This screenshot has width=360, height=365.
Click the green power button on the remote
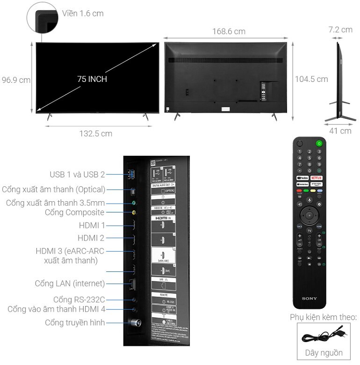[x=319, y=144]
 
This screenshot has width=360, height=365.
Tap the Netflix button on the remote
[x=317, y=178]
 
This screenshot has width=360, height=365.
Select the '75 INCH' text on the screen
[x=92, y=79]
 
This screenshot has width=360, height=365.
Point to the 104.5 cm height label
[x=311, y=79]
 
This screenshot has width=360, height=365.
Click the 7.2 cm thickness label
[x=340, y=29]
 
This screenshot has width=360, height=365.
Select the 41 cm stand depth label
[x=340, y=131]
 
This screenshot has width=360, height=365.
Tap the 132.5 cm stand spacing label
[x=95, y=133]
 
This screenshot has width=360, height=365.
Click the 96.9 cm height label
[x=16, y=80]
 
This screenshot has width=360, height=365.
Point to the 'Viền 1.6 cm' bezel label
[x=83, y=13]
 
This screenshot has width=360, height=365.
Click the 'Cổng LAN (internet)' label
[x=70, y=284]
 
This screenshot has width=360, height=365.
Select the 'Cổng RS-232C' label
[x=79, y=299]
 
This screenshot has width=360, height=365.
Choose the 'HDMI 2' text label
[x=91, y=238]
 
